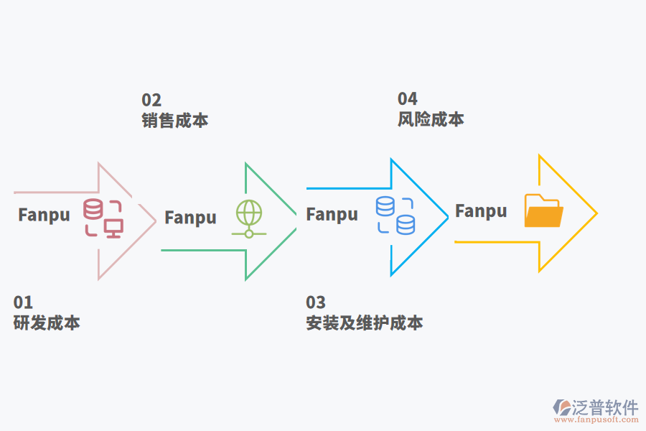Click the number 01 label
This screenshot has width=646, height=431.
coord(23,302)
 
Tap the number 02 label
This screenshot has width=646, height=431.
coord(151,100)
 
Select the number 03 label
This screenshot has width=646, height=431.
coord(315,302)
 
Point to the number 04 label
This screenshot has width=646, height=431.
coord(408,99)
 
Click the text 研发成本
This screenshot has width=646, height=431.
coord(47,323)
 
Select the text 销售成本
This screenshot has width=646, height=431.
coord(175,120)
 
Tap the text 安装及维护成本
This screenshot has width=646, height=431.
coord(365,323)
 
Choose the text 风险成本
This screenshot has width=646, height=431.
coord(431,119)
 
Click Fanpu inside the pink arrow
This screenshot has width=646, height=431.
coord(45,215)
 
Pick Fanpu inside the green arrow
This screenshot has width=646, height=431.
coord(190,218)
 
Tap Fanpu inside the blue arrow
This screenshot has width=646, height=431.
coord(332,214)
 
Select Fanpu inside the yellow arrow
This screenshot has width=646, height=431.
coord(481,211)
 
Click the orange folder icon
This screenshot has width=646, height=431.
coord(543,210)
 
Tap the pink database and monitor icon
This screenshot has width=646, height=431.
coord(103,218)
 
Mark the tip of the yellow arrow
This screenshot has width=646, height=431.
coord(596,213)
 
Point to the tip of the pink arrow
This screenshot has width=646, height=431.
coord(155,221)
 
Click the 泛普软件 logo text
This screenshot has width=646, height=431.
coord(605,407)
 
